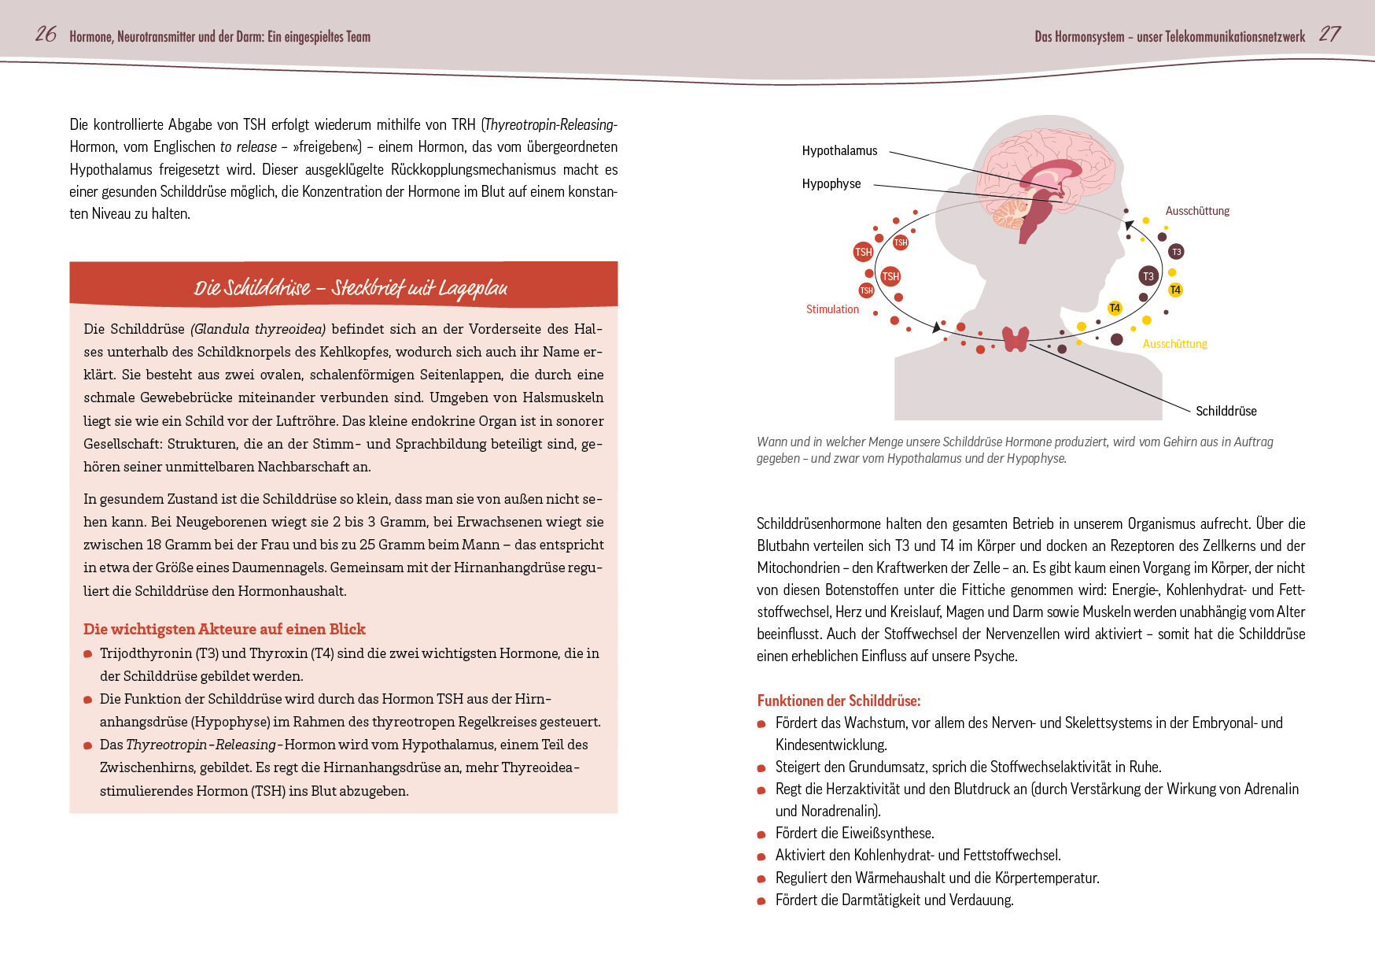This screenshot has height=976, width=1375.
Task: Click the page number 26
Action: pos(46,34)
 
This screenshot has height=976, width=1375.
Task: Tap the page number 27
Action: pos(1329,34)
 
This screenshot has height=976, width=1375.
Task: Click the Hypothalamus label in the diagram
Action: pos(839,150)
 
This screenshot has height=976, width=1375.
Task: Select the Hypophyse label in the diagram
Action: pos(831,183)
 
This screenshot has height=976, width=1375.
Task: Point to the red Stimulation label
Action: pos(832,309)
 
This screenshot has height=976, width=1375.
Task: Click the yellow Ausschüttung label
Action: pos(1174,344)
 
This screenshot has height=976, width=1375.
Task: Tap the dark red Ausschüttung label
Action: pos(1197,211)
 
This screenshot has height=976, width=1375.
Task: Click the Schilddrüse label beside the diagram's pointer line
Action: pos(1226,411)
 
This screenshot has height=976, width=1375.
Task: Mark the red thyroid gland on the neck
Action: pos(1016,338)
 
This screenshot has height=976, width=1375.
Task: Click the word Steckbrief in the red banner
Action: pos(368,288)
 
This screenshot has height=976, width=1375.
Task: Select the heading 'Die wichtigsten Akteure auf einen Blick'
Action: pos(224,629)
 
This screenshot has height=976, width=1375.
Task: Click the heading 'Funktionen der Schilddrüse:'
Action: pos(839,701)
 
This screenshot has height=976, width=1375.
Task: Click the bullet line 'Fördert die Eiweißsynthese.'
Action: pos(854,833)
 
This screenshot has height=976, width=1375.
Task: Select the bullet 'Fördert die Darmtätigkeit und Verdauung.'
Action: pos(894,900)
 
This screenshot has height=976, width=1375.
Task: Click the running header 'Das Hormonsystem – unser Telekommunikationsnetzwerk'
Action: pos(1169,36)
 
